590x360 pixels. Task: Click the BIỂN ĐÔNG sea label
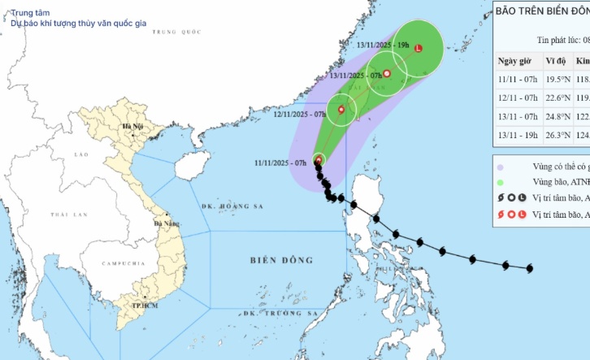[282, 260]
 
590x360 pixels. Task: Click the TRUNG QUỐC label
[180, 32]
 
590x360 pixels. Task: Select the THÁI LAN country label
[68, 215]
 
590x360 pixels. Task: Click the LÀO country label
[80, 154]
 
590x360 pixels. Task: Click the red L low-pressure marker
[419, 49]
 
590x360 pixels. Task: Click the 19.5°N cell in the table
[557, 80]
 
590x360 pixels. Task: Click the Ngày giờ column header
[518, 62]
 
